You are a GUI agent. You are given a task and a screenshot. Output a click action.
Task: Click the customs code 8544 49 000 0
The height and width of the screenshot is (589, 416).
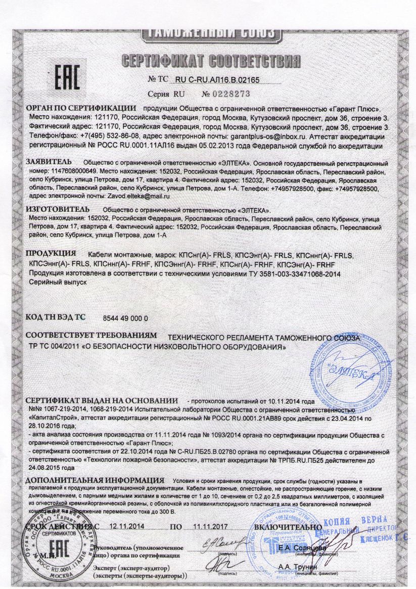point(125,318)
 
